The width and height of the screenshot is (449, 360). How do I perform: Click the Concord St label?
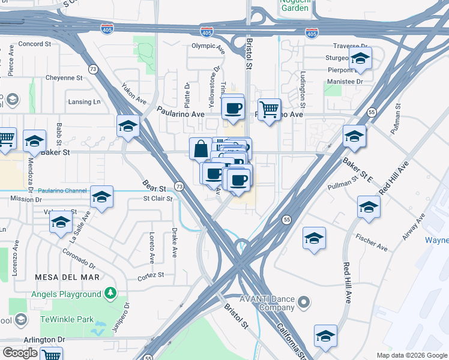[35, 44]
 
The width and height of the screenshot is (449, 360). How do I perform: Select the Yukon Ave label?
[134, 92]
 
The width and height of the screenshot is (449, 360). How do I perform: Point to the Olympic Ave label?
[208, 46]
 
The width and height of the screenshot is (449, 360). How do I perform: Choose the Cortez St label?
[151, 275]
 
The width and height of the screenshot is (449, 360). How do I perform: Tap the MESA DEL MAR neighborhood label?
[66, 277]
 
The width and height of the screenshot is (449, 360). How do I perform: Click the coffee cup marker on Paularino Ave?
[232, 109]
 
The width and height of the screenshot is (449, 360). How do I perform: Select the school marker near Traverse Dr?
[360, 59]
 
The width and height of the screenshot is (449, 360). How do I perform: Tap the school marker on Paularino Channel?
[101, 197]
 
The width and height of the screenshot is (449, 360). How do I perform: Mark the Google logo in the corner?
[20, 353]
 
